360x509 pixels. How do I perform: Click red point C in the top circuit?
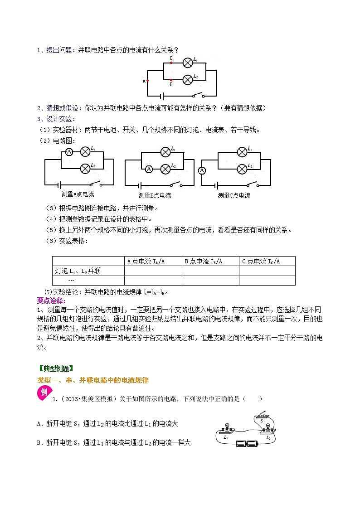click(171, 63)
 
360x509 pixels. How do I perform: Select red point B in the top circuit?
click(171, 79)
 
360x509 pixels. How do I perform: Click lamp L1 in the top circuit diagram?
click(188, 63)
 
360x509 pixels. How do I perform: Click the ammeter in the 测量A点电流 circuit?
click(69, 152)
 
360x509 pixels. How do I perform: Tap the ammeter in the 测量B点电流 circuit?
click(148, 170)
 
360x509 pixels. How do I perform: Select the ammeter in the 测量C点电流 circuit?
click(202, 170)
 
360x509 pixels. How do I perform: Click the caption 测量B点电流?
click(155, 195)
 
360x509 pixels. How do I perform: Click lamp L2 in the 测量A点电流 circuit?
click(85, 169)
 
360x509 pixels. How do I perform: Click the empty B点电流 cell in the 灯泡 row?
click(210, 271)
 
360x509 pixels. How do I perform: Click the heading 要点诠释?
click(51, 301)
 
